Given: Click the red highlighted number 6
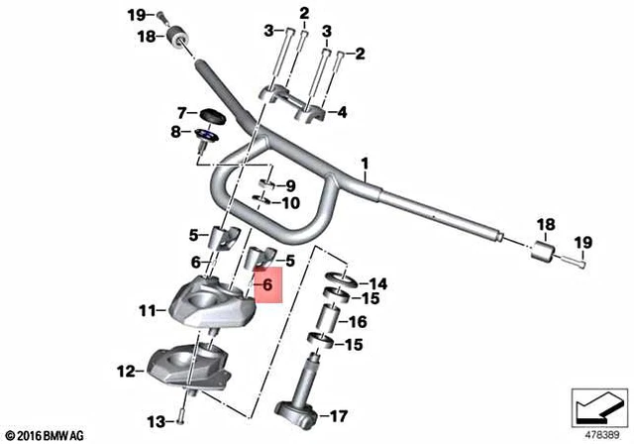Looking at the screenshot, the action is pyautogui.click(x=267, y=285).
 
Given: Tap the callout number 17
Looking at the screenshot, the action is pyautogui.click(x=339, y=416).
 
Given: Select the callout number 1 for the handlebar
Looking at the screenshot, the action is pyautogui.click(x=365, y=165).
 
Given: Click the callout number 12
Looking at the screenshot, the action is pyautogui.click(x=127, y=372).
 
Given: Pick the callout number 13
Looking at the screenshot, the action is pyautogui.click(x=157, y=422).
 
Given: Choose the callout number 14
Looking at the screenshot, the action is pyautogui.click(x=378, y=283).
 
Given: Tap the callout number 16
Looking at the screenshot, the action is pyautogui.click(x=358, y=322).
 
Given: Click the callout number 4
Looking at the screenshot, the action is pyautogui.click(x=342, y=112).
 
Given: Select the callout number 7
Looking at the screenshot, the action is pyautogui.click(x=182, y=113).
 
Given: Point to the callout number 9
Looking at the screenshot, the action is pyautogui.click(x=291, y=186).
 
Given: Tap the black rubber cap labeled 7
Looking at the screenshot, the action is pyautogui.click(x=211, y=116).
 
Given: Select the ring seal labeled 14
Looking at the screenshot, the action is pyautogui.click(x=342, y=279).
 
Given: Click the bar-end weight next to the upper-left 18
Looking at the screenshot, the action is pyautogui.click(x=177, y=38).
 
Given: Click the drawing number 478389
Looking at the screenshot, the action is pyautogui.click(x=602, y=435).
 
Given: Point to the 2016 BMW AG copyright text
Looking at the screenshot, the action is pyautogui.click(x=46, y=436).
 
